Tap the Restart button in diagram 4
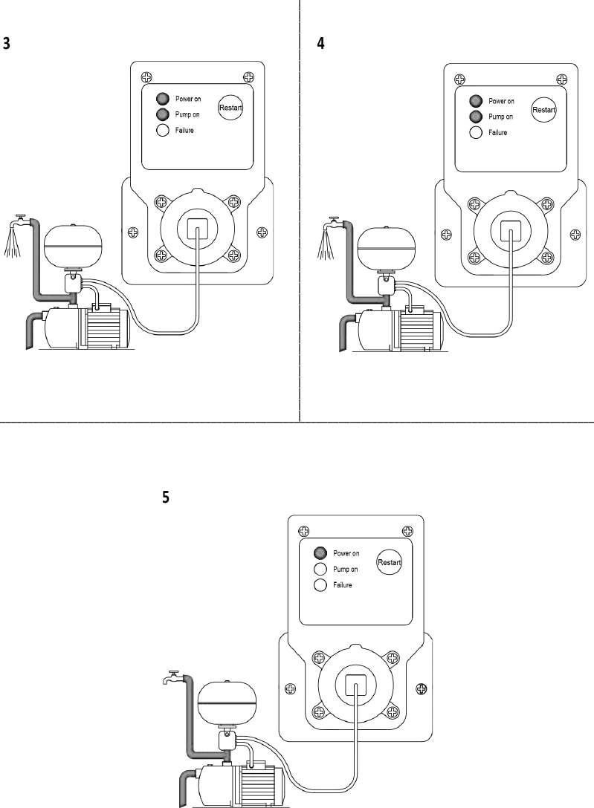tap(544, 111)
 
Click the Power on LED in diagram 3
tap(161, 99)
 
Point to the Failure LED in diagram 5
tap(320, 585)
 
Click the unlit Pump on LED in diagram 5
tap(320, 569)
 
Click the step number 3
tap(7, 43)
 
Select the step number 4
tap(320, 43)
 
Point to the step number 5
tap(166, 497)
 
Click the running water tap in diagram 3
tap(20, 221)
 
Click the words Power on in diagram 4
tap(500, 101)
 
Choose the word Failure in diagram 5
tap(342, 585)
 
